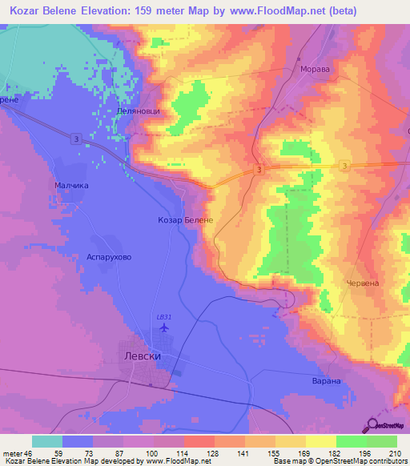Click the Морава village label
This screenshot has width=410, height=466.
[x=315, y=70]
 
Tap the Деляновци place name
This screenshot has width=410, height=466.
[x=138, y=110]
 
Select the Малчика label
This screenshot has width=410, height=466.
[x=71, y=185]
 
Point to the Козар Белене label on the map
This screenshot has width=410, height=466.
[x=185, y=219]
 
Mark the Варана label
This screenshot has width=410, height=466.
[x=327, y=381]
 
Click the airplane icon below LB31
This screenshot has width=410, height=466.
[x=165, y=327]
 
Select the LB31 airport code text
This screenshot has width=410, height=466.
[x=165, y=316]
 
